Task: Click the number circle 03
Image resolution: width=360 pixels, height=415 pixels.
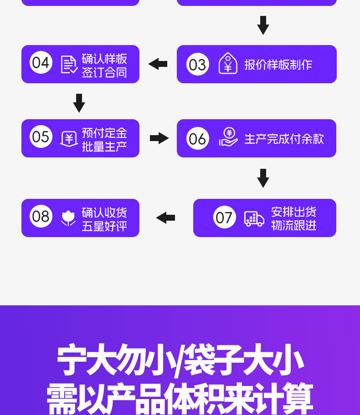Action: [197, 64]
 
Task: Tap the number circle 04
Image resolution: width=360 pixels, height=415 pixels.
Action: [41, 62]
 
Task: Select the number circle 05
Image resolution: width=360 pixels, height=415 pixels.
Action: [41, 137]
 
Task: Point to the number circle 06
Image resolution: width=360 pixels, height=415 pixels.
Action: [197, 139]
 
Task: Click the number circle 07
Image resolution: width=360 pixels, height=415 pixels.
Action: [224, 217]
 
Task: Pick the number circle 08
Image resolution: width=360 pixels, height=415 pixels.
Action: [41, 216]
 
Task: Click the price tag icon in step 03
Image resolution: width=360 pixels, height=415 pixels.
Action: [228, 64]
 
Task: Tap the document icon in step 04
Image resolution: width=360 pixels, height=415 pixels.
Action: [69, 64]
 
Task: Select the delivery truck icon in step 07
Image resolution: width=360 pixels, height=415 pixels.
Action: [254, 218]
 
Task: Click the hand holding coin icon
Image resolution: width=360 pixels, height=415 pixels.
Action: [228, 137]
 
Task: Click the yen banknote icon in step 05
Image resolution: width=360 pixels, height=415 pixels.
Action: [69, 138]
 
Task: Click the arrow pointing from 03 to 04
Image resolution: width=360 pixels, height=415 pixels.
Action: [158, 64]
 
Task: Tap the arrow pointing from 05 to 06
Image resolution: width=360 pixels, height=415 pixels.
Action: [159, 138]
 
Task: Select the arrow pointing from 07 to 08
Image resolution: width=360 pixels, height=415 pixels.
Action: [165, 218]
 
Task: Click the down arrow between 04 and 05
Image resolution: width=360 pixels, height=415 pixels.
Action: [79, 103]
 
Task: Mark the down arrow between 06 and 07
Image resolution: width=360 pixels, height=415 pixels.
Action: [263, 178]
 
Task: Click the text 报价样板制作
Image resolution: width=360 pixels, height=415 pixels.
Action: [278, 65]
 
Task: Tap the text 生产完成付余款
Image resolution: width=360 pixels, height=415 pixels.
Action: [284, 139]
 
